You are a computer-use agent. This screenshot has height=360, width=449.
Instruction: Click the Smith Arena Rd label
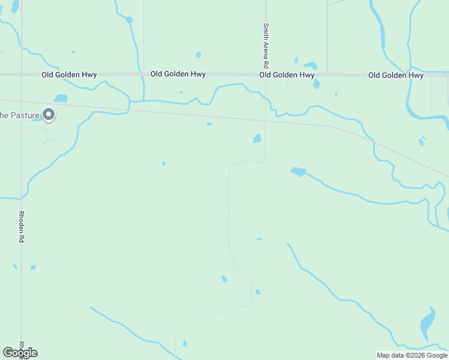265,45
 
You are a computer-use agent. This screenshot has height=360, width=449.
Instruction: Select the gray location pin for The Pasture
49,114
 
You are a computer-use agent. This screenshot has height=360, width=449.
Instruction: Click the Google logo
20,353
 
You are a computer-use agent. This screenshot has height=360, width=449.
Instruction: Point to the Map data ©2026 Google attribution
412,355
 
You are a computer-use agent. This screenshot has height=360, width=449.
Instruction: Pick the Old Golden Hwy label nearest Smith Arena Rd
287,75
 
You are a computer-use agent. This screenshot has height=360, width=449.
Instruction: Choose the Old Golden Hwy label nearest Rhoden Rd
69,75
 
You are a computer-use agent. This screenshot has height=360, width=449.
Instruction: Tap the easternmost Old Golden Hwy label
396,75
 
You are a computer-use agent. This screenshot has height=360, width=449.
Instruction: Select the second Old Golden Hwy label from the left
178,74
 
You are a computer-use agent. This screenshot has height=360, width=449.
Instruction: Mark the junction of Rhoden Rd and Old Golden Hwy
22,74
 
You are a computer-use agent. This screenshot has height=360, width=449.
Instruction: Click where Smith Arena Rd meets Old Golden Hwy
265,74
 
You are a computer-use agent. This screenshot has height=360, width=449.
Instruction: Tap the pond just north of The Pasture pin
61,98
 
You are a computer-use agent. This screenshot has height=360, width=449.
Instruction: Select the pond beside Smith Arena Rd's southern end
258,139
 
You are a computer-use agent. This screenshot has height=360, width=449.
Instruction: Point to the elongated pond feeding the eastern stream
298,172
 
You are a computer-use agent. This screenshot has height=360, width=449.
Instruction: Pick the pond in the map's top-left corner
15,5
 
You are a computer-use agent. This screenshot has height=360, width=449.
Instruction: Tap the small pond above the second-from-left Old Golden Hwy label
198,55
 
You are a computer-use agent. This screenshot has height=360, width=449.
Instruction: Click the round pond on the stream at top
129,20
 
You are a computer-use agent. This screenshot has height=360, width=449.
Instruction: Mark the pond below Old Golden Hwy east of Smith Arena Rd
316,84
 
